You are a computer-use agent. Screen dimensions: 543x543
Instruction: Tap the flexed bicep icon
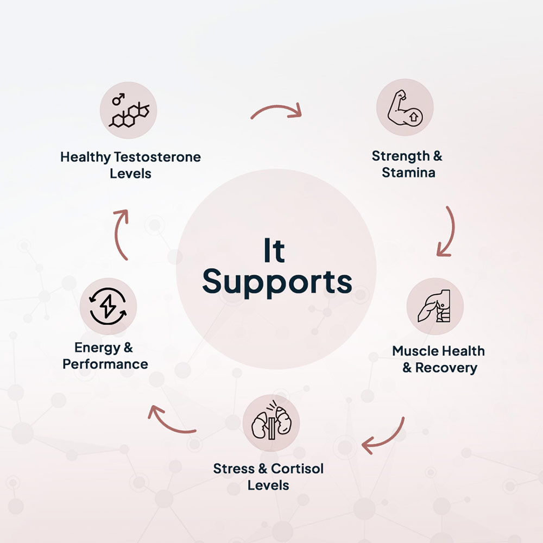405,108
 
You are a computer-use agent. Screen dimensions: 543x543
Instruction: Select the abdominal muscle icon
434,307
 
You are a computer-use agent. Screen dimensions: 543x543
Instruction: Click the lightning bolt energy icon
108,306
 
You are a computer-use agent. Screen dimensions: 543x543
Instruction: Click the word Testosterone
157,157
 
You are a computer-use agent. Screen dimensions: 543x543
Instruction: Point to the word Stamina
408,173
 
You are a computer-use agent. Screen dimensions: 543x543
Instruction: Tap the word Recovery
446,368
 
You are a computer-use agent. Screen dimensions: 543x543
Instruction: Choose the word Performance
105,364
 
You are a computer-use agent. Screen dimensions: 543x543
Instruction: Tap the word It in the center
274,250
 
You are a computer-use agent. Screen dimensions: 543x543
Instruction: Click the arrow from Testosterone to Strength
276,110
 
